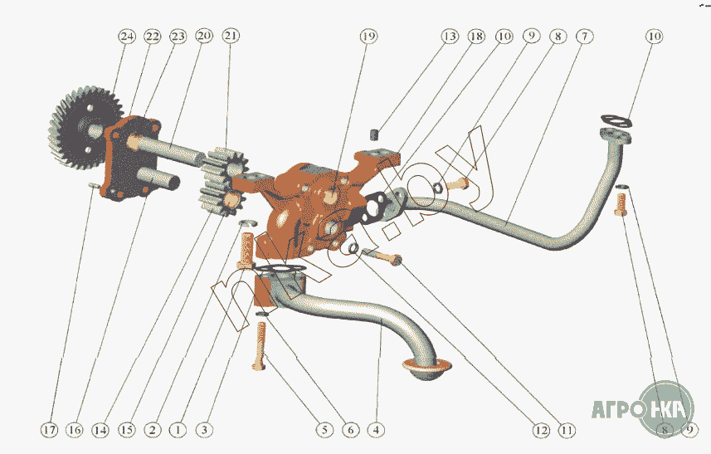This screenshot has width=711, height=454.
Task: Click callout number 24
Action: coord(126,37)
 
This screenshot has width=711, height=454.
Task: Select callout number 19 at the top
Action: coord(368,37)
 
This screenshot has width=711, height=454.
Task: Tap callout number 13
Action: coord(449,37)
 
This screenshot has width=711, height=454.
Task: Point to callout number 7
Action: coord(586,37)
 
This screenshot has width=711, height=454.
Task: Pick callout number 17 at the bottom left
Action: coord(51,430)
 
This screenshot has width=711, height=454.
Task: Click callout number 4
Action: coord(376,430)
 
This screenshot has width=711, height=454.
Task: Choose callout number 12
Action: coord(541,430)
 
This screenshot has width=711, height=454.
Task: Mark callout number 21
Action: coord(231,37)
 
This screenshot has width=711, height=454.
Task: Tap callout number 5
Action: coord(324,430)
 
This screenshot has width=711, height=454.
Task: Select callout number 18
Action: coord(476,37)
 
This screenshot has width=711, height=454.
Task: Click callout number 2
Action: coord(152,430)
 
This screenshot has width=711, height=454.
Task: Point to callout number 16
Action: coord(75,430)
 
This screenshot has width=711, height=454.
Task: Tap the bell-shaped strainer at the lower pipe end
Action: coord(424,369)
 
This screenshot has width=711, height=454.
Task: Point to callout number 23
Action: coord(178,37)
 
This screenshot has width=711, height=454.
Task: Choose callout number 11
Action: coord(567,430)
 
